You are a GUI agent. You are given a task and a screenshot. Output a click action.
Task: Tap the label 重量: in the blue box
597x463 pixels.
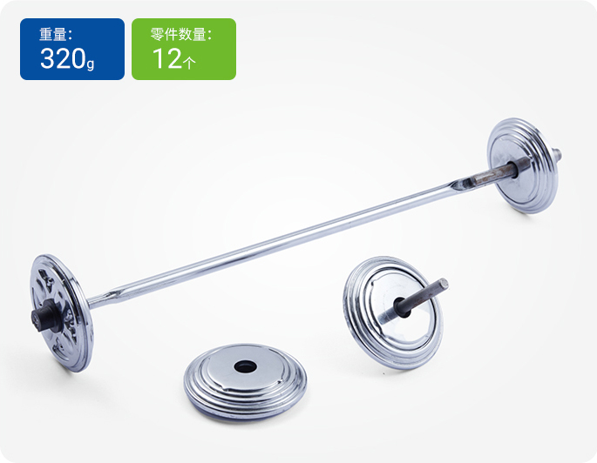tap(56, 35)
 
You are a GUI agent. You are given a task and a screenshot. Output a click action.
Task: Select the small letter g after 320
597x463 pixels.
tap(91, 64)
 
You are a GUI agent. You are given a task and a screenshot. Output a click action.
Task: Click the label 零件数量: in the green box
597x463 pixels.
tap(181, 35)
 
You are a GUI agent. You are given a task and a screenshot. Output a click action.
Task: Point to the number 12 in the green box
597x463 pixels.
tap(166, 59)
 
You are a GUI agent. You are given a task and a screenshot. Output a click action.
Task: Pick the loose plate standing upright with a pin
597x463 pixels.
tap(390, 312)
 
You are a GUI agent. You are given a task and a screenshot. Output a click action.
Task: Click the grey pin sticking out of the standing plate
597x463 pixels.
tap(427, 292)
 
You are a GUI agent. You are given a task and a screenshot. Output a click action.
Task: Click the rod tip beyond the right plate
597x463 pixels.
tap(555, 158)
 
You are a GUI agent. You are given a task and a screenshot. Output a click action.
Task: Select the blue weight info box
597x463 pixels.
tap(72, 49)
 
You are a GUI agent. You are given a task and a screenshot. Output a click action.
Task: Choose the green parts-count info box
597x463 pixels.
tap(183, 49)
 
